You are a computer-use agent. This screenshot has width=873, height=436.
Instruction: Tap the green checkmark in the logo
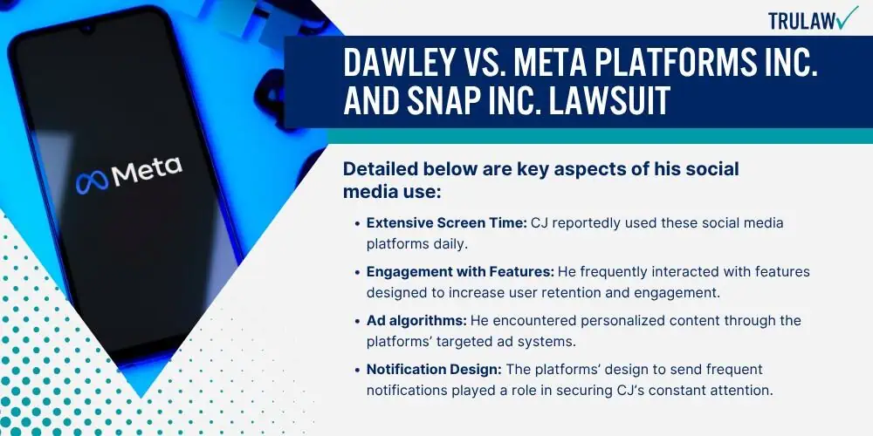pos(848,17)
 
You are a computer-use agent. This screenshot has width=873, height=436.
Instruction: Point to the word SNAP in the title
pos(446,101)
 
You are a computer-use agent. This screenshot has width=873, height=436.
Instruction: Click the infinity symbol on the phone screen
pos(92,182)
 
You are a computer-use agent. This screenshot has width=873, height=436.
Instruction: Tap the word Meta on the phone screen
pos(147,170)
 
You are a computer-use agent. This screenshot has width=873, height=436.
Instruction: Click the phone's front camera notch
pos(86,29)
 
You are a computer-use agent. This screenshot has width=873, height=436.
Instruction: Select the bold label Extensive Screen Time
pos(446,223)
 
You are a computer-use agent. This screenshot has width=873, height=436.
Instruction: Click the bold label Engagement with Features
pos(460,272)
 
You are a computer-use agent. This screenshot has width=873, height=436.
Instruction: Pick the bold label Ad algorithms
pos(416,320)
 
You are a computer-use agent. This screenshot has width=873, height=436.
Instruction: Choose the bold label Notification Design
pos(434,369)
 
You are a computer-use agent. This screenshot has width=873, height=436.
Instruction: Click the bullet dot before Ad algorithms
pos(357,321)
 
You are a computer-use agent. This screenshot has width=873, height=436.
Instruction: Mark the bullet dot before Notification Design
pos(357,370)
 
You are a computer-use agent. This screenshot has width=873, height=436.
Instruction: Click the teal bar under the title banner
pos(600,136)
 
